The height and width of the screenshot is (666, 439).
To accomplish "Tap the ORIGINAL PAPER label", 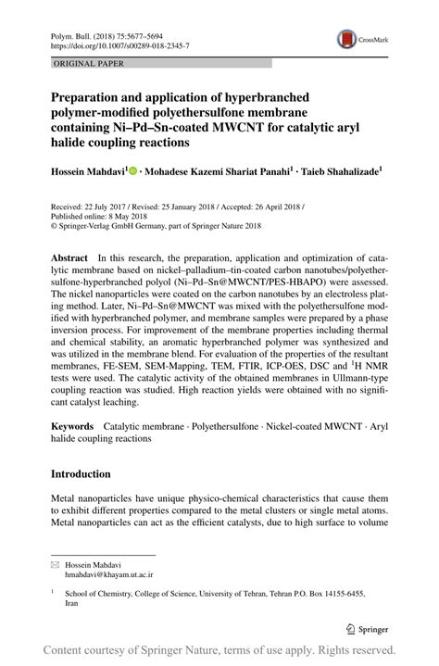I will coord(88,63).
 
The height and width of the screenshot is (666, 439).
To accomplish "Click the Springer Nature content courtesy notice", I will coord(219,650).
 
